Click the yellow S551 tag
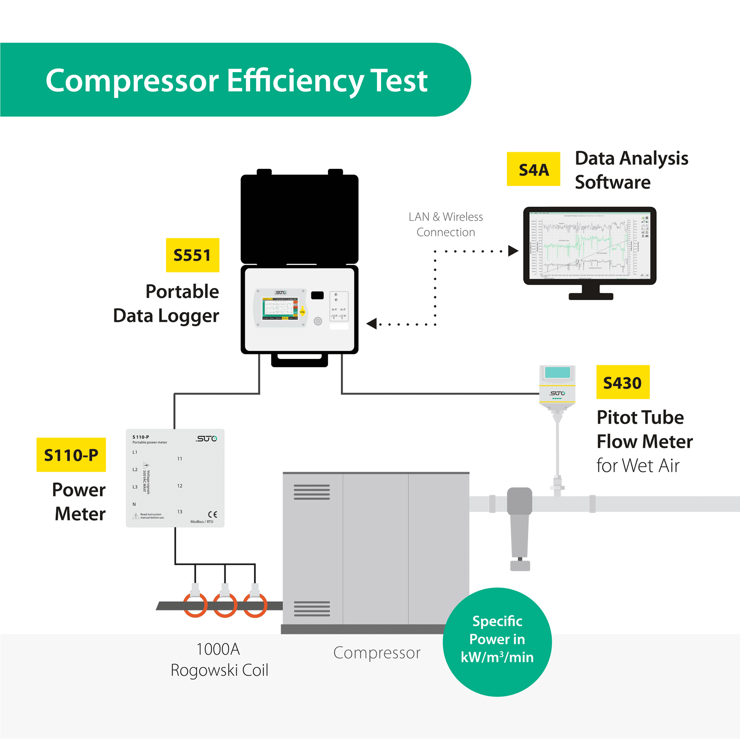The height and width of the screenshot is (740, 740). (192, 255)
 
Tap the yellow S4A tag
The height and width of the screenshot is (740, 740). (533, 169)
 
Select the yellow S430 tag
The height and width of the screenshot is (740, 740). (623, 382)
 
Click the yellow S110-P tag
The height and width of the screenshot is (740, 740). (71, 455)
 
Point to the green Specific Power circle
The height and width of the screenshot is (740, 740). (497, 642)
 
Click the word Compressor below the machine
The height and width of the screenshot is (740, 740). (376, 653)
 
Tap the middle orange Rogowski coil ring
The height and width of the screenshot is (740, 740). (225, 605)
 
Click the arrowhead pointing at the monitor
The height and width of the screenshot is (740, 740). (512, 251)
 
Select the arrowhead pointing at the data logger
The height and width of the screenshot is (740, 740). (372, 324)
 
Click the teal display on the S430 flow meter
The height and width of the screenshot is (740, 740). (557, 372)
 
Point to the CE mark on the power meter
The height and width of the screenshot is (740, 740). (212, 514)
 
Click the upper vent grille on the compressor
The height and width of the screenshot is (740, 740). (312, 492)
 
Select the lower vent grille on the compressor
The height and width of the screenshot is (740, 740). (312, 609)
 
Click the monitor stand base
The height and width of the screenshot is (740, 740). (591, 296)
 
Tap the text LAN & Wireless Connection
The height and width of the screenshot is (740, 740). (446, 224)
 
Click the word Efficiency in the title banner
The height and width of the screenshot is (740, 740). (295, 81)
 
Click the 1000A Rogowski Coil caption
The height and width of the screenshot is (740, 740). (219, 660)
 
